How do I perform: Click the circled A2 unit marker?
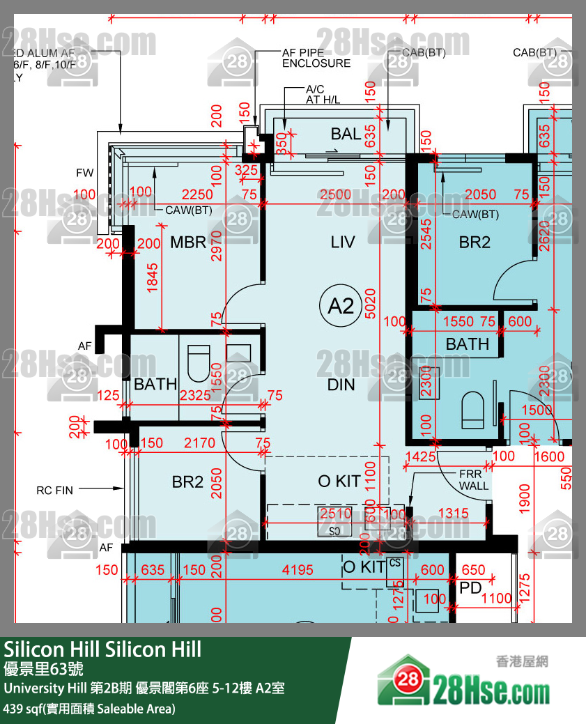click(x=341, y=306)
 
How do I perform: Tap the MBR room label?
click(x=188, y=242)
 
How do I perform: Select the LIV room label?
click(x=343, y=242)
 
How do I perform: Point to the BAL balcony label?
click(x=346, y=134)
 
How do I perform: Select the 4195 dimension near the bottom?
click(x=298, y=570)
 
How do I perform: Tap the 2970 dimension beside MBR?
click(x=216, y=245)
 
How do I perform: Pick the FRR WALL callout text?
click(x=473, y=479)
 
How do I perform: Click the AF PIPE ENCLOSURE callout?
click(x=316, y=58)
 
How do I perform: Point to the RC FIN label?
click(x=54, y=491)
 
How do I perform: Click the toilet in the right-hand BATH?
click(x=473, y=410)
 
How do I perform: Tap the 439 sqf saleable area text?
click(x=89, y=709)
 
